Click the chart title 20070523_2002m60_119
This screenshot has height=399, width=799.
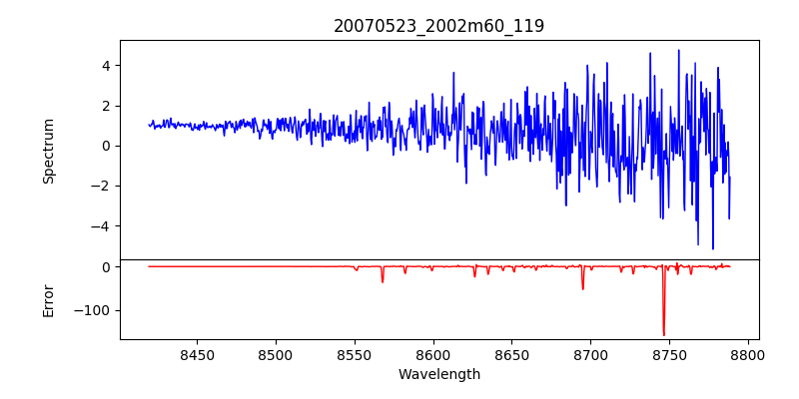[x=438, y=26]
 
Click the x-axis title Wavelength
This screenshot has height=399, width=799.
[x=438, y=374]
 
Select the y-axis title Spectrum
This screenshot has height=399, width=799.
[x=48, y=151]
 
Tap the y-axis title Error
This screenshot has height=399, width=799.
[x=48, y=300]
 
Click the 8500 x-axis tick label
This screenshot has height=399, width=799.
[x=276, y=354]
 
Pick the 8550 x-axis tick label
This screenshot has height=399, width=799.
[x=354, y=354]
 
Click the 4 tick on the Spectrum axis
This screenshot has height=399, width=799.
[x=104, y=66]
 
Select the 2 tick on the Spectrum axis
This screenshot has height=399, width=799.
[x=104, y=106]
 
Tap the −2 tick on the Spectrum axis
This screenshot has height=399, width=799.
[x=100, y=186]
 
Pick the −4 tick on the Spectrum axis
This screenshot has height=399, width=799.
[x=100, y=226]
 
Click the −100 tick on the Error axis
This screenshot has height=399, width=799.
[x=92, y=310]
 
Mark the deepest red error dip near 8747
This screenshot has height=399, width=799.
[x=664, y=334]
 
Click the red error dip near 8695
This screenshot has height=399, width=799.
[x=582, y=288]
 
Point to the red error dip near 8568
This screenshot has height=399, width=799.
[x=383, y=281]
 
